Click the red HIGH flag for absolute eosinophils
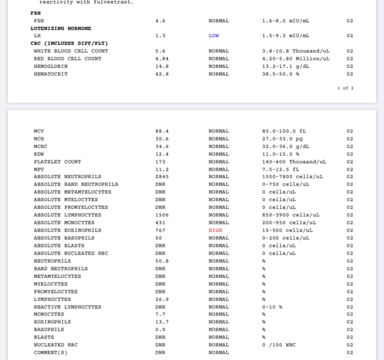(x=216, y=230)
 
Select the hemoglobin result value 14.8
(x=162, y=66)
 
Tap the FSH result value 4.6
(x=160, y=21)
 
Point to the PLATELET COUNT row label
(x=57, y=162)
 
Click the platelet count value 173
(x=160, y=162)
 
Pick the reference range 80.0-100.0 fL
(x=284, y=131)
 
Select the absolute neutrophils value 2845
(x=162, y=176)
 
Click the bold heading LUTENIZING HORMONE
(x=61, y=29)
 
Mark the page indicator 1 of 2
(x=346, y=88)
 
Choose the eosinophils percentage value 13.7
(x=162, y=322)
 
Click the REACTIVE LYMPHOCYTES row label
(x=68, y=307)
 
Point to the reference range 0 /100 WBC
(x=279, y=345)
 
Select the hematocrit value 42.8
(x=162, y=74)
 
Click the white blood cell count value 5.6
(x=160, y=51)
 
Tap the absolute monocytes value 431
(x=160, y=222)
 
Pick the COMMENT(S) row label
(x=51, y=352)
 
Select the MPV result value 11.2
(x=162, y=169)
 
